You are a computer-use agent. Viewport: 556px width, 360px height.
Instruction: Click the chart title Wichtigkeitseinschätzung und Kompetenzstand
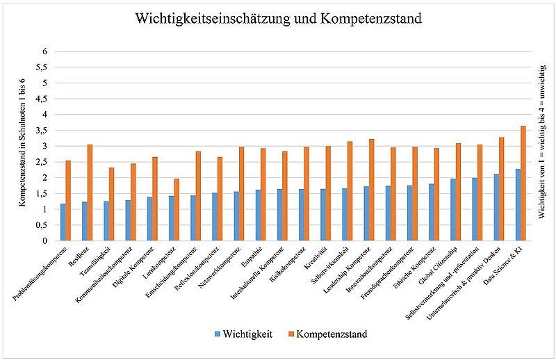278,19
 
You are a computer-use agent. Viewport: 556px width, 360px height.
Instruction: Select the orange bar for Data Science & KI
523,183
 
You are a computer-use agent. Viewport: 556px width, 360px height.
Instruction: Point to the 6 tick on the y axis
45,51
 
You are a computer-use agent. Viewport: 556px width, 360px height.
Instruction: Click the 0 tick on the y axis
45,240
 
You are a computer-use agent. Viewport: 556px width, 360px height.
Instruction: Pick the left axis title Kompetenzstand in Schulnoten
23,145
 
